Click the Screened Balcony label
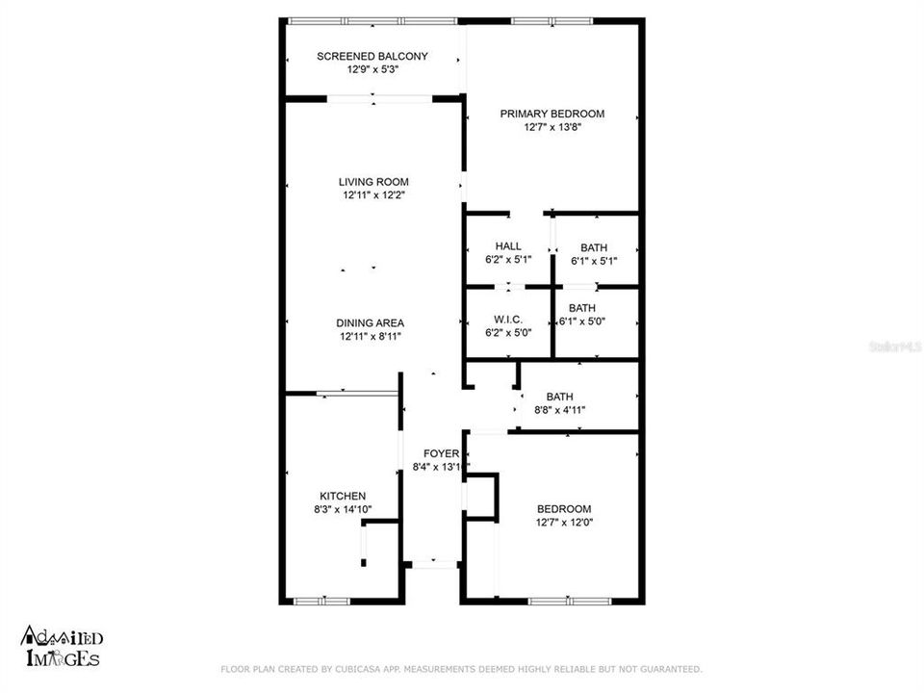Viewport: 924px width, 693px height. pyautogui.click(x=372, y=56)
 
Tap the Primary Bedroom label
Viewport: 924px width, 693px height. pyautogui.click(x=552, y=114)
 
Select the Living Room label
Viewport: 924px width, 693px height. pyautogui.click(x=373, y=182)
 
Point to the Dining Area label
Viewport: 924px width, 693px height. pyautogui.click(x=370, y=322)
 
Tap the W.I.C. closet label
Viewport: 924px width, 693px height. pyautogui.click(x=507, y=320)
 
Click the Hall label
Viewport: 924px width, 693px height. pyautogui.click(x=508, y=246)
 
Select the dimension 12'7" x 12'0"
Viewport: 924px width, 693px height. pyautogui.click(x=564, y=523)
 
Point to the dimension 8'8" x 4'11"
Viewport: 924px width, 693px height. pyautogui.click(x=559, y=410)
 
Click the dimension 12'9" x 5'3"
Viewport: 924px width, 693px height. pyautogui.click(x=372, y=69)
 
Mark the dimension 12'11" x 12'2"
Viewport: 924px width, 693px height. pyautogui.click(x=373, y=195)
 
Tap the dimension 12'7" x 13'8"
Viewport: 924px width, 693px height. pyautogui.click(x=552, y=127)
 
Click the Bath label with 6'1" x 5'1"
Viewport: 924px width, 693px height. pyautogui.click(x=593, y=247)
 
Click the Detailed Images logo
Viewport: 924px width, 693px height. pyautogui.click(x=62, y=647)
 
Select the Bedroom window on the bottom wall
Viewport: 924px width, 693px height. pyautogui.click(x=568, y=602)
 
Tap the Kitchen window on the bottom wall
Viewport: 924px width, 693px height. pyautogui.click(x=322, y=602)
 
